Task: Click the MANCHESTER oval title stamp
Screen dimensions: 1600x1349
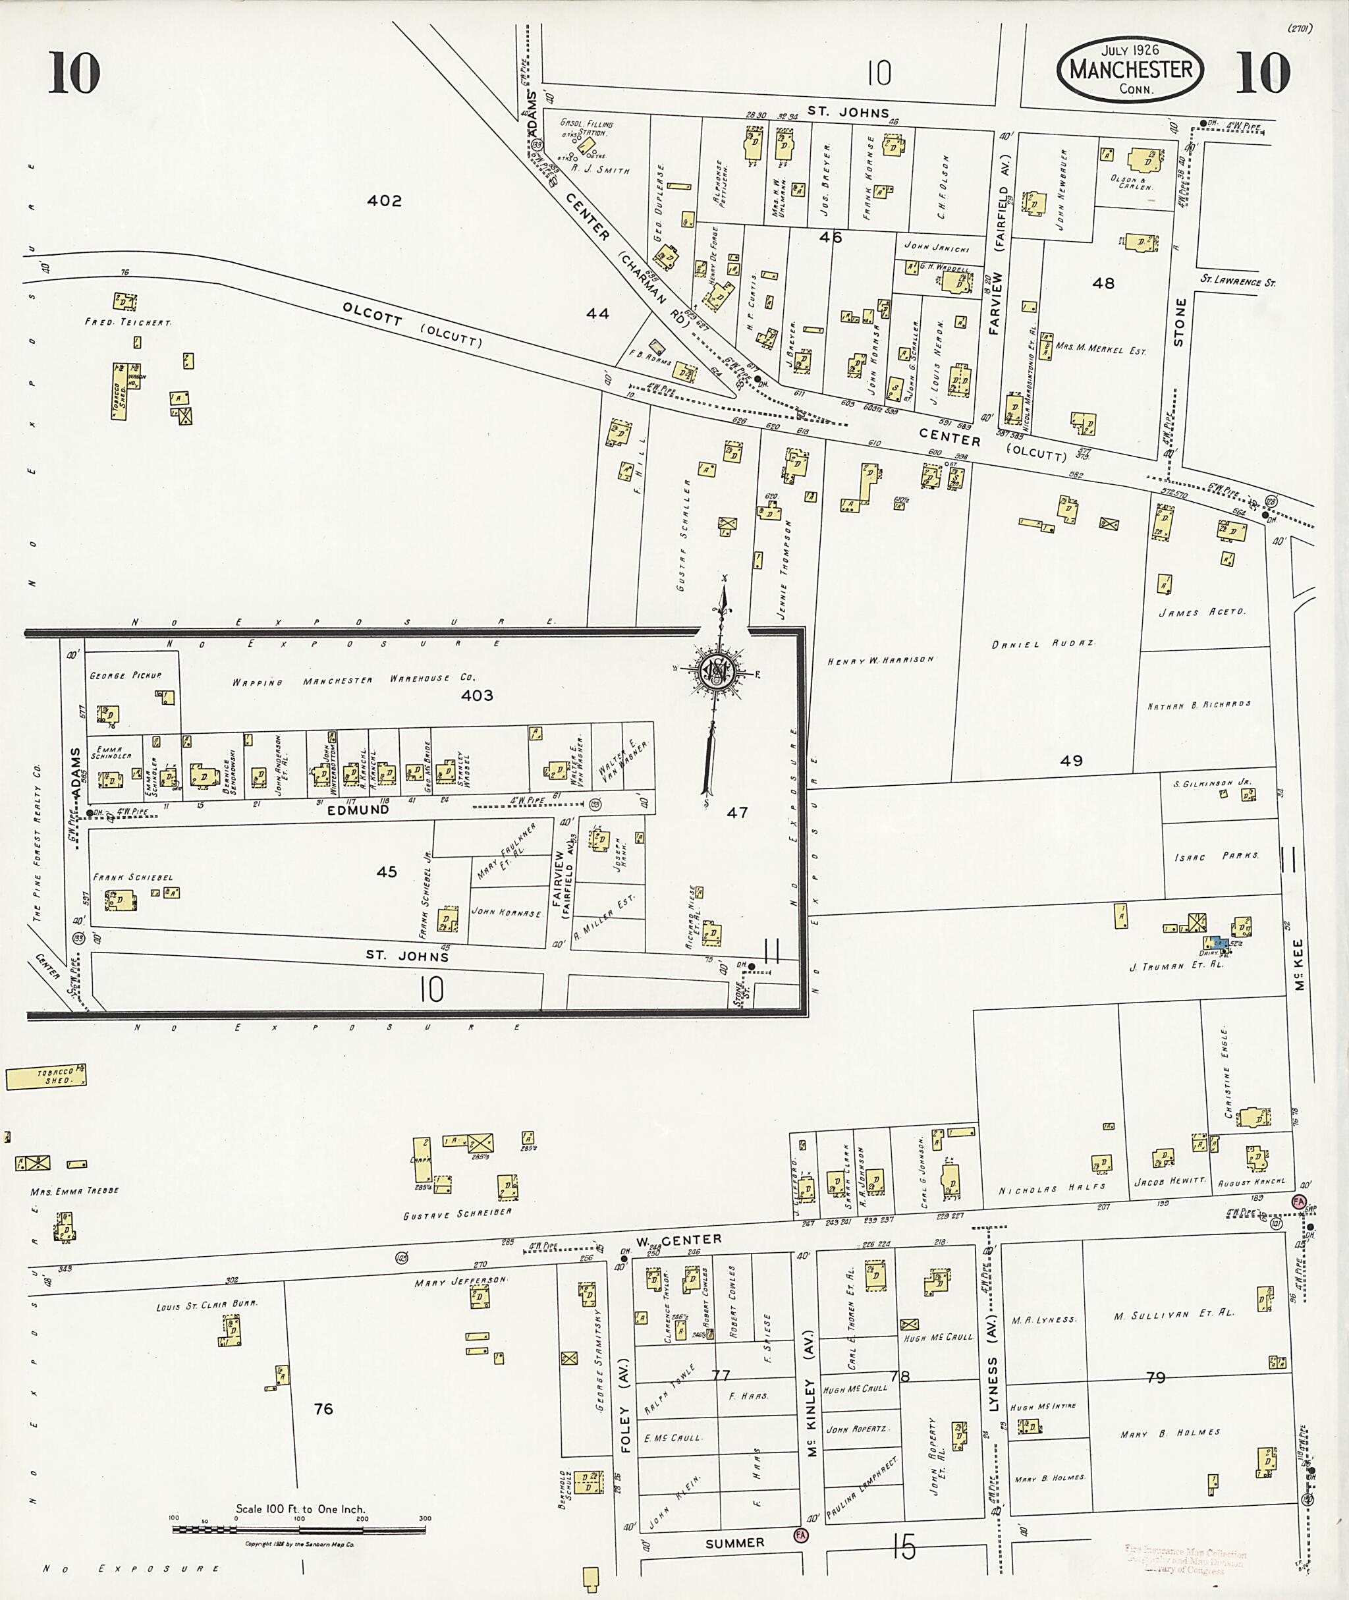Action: pos(1130,70)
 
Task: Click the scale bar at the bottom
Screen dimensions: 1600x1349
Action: pos(298,1530)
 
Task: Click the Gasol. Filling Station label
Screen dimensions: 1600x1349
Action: pos(586,127)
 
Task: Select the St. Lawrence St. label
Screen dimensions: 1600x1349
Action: pos(1236,281)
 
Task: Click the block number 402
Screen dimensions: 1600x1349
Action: pos(384,200)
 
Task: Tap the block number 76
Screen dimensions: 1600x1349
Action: pos(323,1409)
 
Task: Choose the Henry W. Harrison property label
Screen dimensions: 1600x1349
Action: pos(881,660)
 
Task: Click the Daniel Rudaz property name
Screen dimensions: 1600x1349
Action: pos(1043,644)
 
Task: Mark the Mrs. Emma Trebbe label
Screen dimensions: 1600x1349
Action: pos(74,1192)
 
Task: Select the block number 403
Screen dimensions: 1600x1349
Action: pos(476,695)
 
